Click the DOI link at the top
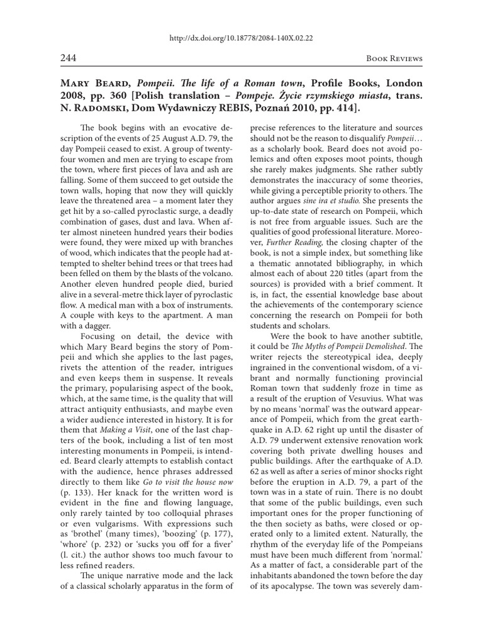click(241, 37)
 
